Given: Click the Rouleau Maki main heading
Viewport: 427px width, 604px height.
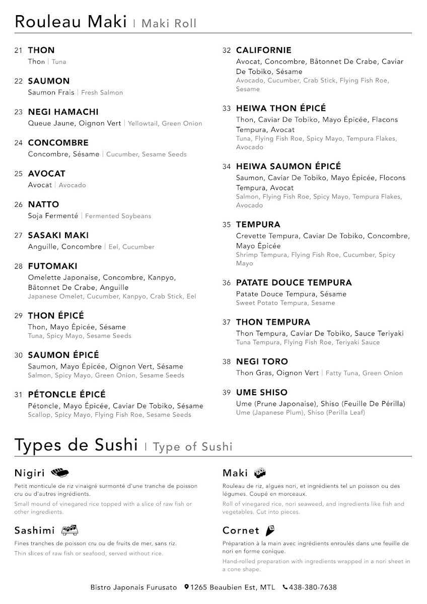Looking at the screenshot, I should tap(70, 22).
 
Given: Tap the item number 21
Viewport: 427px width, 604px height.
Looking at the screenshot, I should tap(19, 50).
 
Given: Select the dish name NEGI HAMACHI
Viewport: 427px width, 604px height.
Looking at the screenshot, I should tap(63, 112).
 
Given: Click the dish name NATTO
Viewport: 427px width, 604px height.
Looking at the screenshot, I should tap(43, 204).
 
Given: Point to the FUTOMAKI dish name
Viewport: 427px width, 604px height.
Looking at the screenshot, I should tap(53, 266).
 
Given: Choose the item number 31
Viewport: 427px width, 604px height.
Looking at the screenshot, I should tap(19, 395).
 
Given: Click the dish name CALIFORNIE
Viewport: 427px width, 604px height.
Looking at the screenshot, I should tap(263, 50).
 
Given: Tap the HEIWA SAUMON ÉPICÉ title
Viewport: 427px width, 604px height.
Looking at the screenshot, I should tap(288, 166).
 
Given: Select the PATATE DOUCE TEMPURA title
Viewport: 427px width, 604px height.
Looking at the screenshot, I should tap(294, 283).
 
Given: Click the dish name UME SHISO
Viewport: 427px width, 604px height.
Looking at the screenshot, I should tap(262, 393).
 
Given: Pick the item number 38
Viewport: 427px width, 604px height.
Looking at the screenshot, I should tap(227, 362).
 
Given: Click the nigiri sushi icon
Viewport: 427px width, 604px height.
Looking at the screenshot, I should tap(60, 473).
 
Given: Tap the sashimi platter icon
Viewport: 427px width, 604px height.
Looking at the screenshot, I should tap(69, 530).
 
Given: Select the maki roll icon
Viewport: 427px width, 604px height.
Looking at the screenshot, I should tap(260, 473).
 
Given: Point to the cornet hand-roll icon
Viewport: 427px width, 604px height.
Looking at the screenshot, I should tap(270, 530).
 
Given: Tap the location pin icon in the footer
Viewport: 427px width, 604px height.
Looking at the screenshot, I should tap(186, 587).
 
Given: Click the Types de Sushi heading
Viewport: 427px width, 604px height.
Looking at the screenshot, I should tap(76, 445).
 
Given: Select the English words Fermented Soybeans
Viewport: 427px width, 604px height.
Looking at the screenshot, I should tap(118, 216).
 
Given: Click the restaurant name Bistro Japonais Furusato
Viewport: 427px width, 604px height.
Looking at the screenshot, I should tap(133, 587).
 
